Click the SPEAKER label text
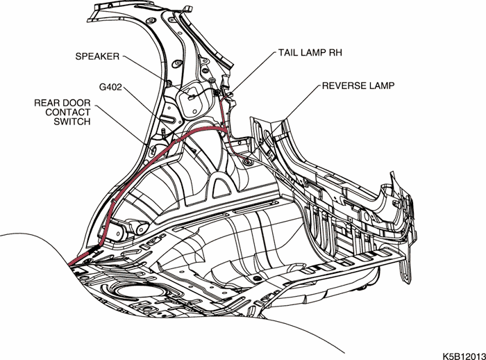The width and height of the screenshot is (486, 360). (x=97, y=56)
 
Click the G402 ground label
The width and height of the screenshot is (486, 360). (x=112, y=88)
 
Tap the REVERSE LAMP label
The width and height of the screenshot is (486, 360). (x=358, y=86)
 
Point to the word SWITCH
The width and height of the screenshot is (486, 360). (x=72, y=122)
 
